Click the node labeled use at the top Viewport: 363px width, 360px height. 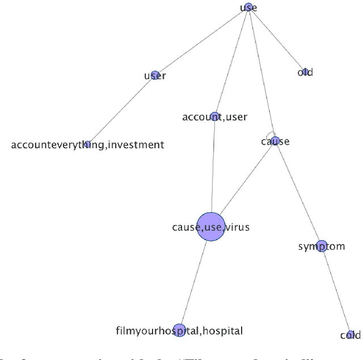248,7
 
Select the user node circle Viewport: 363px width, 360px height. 155,75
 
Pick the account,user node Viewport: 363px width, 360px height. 214,116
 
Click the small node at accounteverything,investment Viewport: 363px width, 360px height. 87,144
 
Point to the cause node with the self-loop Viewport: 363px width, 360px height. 275,142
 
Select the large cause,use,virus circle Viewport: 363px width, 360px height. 210,227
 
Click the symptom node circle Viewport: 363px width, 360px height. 321,246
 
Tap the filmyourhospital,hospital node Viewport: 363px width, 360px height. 179,330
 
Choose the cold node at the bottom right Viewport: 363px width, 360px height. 351,335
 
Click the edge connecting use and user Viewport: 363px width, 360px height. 201,41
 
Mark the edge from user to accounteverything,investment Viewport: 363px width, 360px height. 121,110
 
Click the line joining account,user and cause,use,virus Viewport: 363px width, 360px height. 213,165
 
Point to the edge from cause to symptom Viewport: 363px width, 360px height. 298,193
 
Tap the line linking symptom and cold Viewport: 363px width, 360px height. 336,290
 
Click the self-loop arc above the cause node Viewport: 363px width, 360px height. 272,134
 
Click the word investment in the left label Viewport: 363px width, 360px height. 136,145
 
